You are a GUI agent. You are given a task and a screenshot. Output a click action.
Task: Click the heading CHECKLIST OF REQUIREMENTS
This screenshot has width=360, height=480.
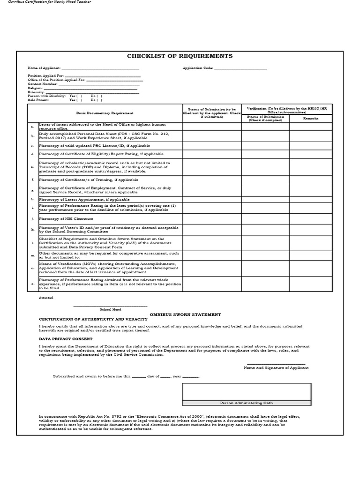180,56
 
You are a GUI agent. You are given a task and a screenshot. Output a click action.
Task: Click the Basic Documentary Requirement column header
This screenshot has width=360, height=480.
105,113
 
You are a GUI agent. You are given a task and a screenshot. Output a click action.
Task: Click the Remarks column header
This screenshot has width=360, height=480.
310,119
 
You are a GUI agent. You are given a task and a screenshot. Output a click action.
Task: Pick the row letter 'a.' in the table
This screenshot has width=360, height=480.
32,127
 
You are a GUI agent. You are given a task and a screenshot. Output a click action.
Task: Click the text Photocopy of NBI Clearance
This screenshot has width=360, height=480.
66,218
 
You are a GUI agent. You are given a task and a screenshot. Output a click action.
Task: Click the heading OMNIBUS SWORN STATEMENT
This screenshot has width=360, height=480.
185,315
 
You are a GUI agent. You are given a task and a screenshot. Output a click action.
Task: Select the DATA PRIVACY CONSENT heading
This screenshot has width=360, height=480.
66,338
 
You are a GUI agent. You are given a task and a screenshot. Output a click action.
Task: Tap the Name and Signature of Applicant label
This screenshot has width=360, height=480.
276,368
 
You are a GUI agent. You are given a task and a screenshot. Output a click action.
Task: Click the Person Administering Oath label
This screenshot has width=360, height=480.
246,403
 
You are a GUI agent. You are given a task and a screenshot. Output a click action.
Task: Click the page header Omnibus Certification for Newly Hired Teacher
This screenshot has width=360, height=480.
47,2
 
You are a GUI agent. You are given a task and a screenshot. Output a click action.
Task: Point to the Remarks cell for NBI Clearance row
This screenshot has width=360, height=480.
310,218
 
